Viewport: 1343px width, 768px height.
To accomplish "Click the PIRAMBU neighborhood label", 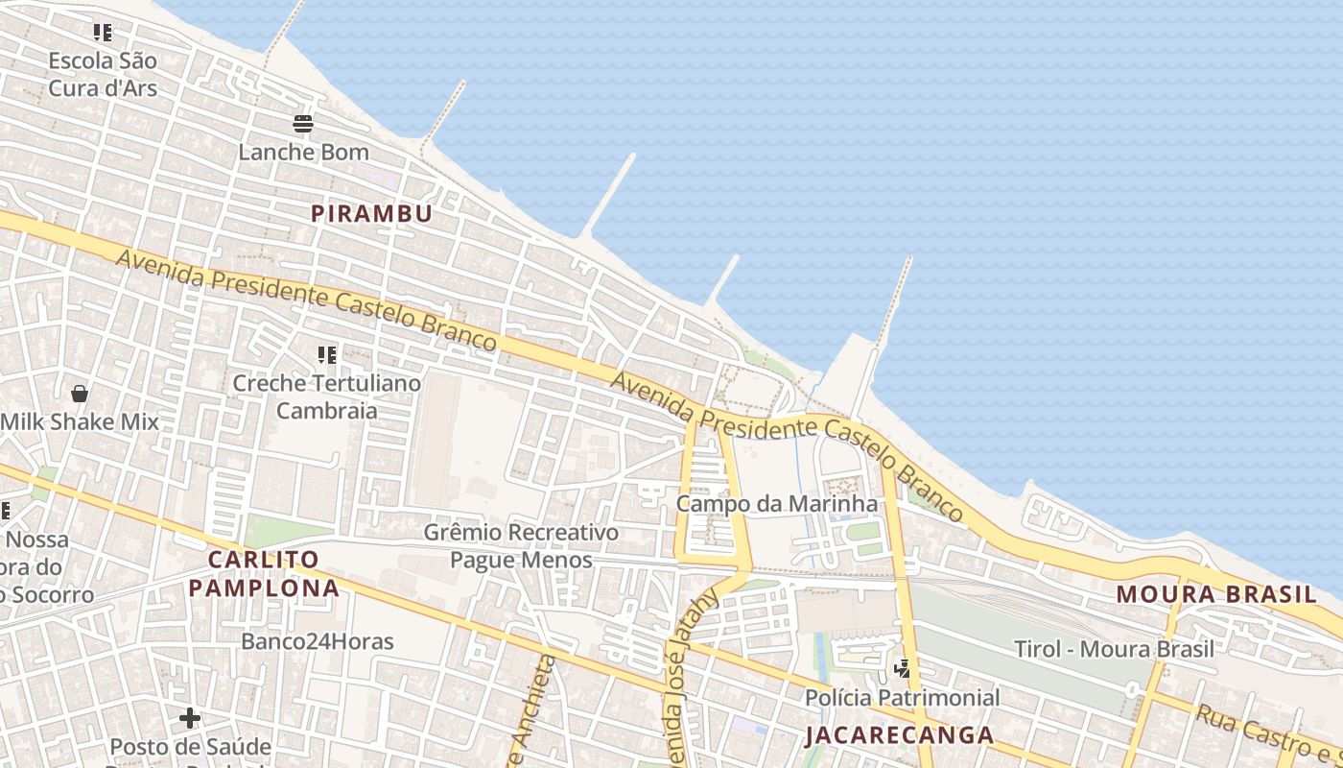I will (371, 213).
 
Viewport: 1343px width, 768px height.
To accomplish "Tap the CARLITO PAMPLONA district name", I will (264, 573).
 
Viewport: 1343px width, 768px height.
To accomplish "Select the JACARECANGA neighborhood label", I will (900, 735).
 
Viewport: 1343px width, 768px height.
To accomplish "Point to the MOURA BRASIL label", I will (1216, 593).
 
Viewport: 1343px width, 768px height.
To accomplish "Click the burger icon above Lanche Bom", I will (303, 124).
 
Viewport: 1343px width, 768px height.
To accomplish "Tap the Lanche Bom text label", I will (303, 152).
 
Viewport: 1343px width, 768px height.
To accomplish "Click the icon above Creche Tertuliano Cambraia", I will (327, 355).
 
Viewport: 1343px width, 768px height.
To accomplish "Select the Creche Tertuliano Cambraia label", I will (327, 396).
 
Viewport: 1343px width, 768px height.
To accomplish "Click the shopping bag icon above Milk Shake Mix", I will (80, 394).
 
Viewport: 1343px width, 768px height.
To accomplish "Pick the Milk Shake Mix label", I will (80, 421).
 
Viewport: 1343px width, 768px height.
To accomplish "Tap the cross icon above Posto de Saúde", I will (190, 717).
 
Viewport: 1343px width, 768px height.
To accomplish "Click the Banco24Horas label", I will (318, 640).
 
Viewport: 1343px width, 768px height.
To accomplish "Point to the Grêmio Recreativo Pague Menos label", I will (522, 545).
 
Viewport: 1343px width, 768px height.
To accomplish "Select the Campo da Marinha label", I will (777, 503).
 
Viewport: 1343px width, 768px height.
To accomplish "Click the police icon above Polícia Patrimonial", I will (902, 669).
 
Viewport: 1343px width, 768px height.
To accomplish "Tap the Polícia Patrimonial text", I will (902, 697).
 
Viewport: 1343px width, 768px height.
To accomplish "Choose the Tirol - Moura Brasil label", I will (1114, 649).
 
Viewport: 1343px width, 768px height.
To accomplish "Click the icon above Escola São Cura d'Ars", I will (103, 33).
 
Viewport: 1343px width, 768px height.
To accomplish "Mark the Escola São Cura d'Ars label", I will (103, 74).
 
